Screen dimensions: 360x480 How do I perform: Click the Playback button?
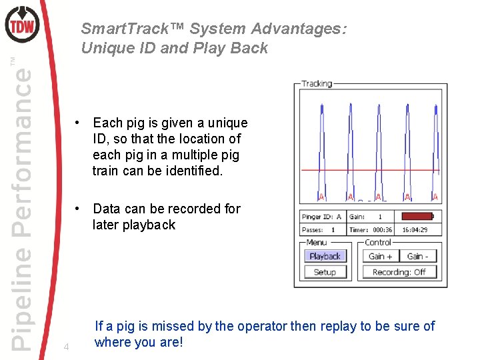[325, 256]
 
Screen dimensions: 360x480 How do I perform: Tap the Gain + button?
[381, 256]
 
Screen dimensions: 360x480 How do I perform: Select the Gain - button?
[417, 256]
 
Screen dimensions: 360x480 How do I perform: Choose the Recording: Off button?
[399, 272]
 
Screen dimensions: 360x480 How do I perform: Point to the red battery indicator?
[417, 216]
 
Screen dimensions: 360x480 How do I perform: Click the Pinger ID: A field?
[323, 216]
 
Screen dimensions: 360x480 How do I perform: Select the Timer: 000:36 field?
[371, 230]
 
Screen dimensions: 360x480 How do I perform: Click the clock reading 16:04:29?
[415, 230]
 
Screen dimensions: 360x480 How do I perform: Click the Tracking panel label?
[317, 84]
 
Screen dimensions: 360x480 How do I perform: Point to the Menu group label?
[316, 243]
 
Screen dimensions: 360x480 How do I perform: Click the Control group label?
[378, 243]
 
